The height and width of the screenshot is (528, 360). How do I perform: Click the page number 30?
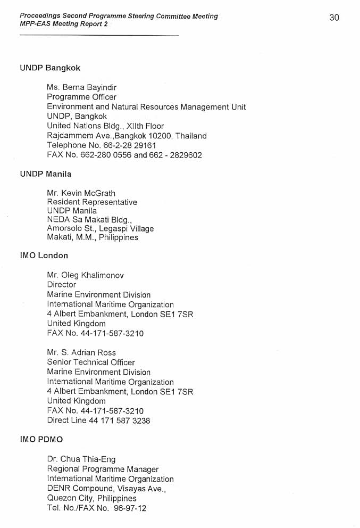coord(334,18)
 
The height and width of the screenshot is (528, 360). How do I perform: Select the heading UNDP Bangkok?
coord(50,68)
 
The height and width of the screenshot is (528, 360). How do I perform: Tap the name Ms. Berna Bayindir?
coord(81,87)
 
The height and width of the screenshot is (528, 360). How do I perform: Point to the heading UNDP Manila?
coord(45,174)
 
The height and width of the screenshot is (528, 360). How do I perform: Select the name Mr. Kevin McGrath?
coord(81,193)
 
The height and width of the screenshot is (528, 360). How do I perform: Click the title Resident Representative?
coord(92,202)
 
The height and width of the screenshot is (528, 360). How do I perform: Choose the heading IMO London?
coord(44,255)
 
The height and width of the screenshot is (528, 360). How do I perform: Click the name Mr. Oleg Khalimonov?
coord(85,275)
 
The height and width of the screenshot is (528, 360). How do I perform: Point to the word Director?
coord(61,285)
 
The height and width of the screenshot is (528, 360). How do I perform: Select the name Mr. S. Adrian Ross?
coord(81,352)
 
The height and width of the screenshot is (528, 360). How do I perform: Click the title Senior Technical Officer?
coord(91,362)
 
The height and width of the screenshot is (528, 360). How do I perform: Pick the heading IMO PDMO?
coord(41,440)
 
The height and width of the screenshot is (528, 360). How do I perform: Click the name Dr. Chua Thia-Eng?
coord(81,459)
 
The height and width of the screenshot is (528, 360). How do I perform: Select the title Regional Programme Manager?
coord(103,469)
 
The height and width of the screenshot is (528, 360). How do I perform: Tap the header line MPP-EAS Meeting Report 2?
coord(63,24)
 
